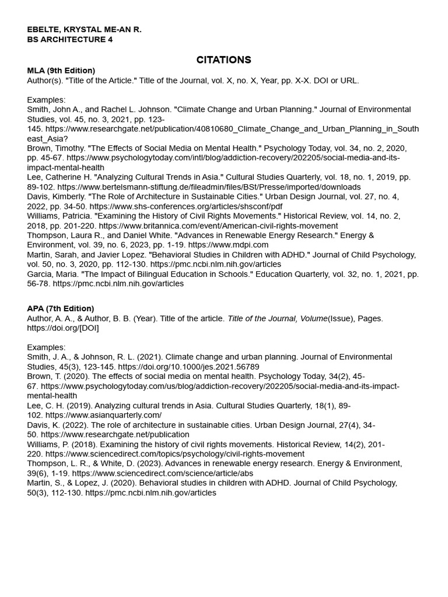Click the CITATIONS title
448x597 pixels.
(223, 60)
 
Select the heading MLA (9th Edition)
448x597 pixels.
(61, 71)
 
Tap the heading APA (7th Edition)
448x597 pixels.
(60, 308)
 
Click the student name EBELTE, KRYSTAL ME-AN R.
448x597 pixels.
(84, 29)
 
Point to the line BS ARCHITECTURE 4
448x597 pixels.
(70, 40)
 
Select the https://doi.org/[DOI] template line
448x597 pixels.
(63, 328)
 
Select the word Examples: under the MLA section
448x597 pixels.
(46, 100)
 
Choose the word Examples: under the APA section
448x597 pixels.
(46, 347)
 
